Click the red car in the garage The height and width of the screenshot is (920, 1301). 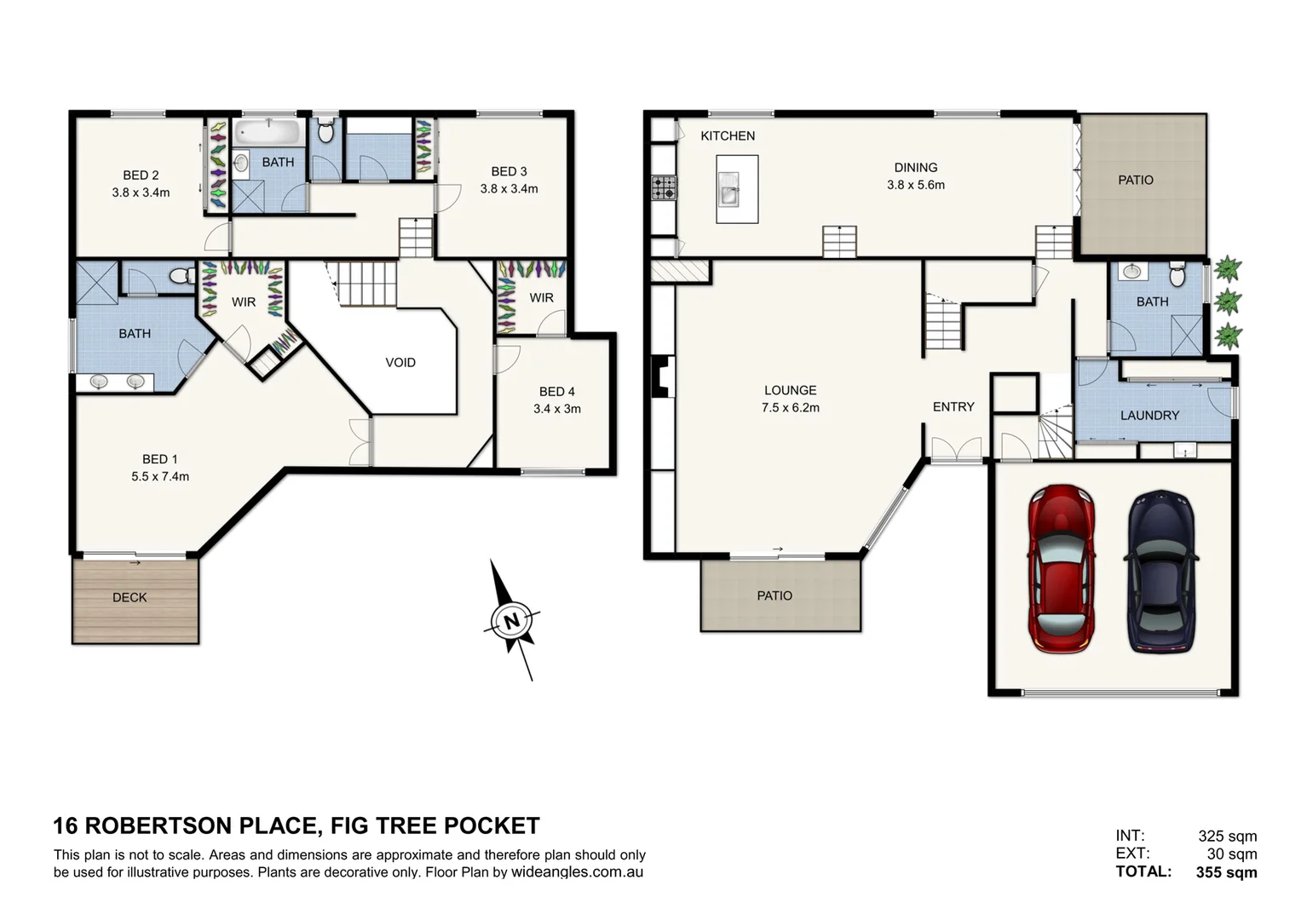click(x=1061, y=568)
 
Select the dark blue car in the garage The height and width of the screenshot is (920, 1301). click(x=1161, y=572)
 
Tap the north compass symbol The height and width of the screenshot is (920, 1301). click(x=511, y=620)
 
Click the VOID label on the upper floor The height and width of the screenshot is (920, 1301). click(x=400, y=363)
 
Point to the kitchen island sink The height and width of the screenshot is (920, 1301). click(x=730, y=189)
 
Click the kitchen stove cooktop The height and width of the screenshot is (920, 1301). click(x=664, y=187)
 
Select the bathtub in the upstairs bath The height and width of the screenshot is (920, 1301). click(x=268, y=132)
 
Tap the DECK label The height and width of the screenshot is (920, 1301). click(x=130, y=598)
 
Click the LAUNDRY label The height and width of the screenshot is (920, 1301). click(x=1149, y=416)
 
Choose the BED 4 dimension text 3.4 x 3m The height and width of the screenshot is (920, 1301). click(x=557, y=409)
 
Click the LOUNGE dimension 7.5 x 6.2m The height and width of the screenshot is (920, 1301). click(x=791, y=408)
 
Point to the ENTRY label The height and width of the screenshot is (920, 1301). click(x=953, y=407)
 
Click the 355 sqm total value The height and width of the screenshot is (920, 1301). click(x=1226, y=872)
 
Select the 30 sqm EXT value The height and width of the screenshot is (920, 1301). click(x=1231, y=854)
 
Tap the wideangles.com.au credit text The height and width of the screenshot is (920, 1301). click(x=577, y=872)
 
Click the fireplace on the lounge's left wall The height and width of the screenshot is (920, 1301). click(x=662, y=377)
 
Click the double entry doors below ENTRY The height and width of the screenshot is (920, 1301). click(x=956, y=449)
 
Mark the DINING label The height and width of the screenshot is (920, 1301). click(x=916, y=168)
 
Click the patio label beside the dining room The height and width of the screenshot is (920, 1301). click(x=1136, y=181)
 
